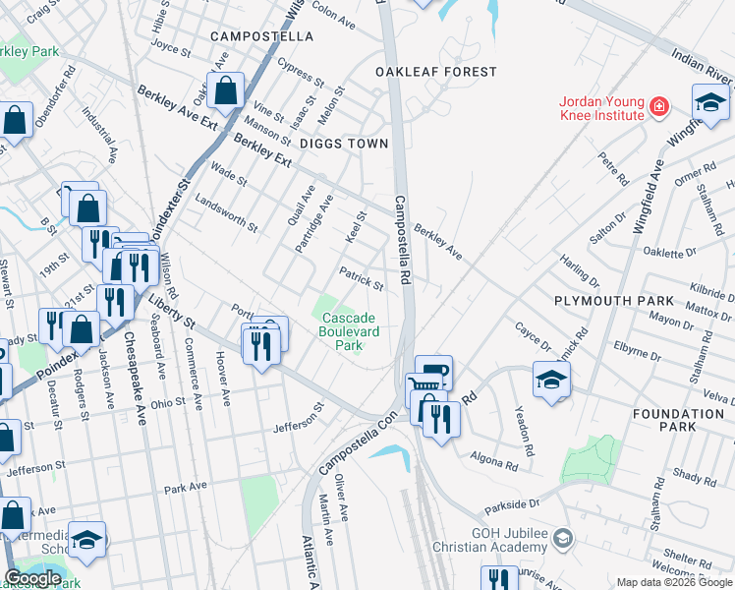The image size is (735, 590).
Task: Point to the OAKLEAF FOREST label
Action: pos(435,72)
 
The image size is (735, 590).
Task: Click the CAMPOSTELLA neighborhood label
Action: pos(261,36)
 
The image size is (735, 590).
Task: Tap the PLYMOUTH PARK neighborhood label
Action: pos(614,300)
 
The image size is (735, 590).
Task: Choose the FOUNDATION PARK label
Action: pos(678,421)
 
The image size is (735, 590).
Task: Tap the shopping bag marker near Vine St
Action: pos(225,91)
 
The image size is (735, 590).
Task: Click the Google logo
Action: pos(33,578)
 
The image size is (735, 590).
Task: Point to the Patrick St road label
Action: pos(361,278)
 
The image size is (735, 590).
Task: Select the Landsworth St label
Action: pos(226,212)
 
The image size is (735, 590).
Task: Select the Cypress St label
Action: pos(300,72)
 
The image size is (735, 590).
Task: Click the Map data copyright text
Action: pos(673,582)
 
